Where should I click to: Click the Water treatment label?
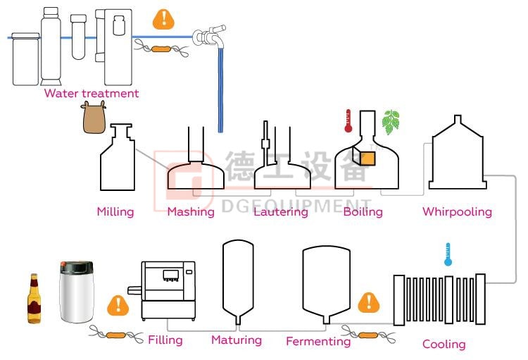(x=91, y=94)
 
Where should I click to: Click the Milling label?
(x=115, y=211)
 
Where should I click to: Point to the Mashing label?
(x=191, y=211)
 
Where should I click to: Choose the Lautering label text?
(x=281, y=211)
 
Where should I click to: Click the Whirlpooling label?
(x=457, y=211)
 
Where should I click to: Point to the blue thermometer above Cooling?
(x=447, y=254)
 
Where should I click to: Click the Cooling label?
(x=444, y=345)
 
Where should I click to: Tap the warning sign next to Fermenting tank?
(x=368, y=303)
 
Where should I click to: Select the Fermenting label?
(x=318, y=342)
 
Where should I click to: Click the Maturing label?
(x=237, y=340)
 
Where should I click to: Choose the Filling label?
(x=165, y=340)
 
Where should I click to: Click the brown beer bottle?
(x=34, y=299)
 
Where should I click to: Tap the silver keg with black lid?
(x=77, y=292)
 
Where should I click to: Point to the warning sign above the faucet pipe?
(x=164, y=18)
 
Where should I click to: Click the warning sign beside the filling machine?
(x=118, y=306)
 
